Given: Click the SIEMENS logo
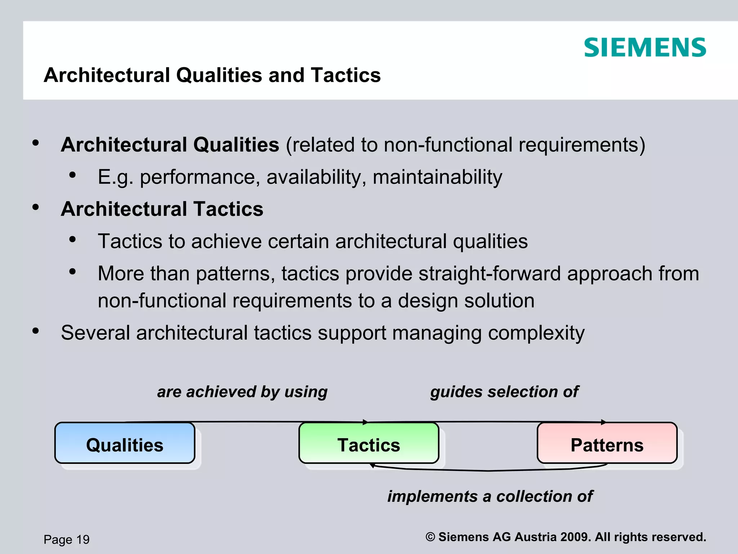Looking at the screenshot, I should pos(645,48).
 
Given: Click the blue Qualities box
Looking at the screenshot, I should pos(125,443).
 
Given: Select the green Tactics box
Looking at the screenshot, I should pos(369,443).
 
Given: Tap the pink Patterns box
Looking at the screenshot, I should pos(607,443).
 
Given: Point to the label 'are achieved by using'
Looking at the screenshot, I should pos(242,392).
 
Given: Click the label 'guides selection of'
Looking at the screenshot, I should pos(504,392).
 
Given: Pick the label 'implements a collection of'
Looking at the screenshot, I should pos(490,496).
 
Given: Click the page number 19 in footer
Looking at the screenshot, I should pos(83,540).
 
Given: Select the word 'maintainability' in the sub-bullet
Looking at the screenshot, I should pos(437,177).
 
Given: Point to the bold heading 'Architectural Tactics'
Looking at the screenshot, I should pos(162,209).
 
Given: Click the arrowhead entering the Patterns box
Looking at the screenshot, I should pos(603,422).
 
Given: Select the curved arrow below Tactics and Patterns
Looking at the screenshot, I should pos(489,470).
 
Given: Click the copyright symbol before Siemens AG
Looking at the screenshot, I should pos(430,537).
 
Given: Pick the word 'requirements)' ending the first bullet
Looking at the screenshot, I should pos(582,145).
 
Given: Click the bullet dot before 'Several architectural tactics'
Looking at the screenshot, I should pos(35,331).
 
